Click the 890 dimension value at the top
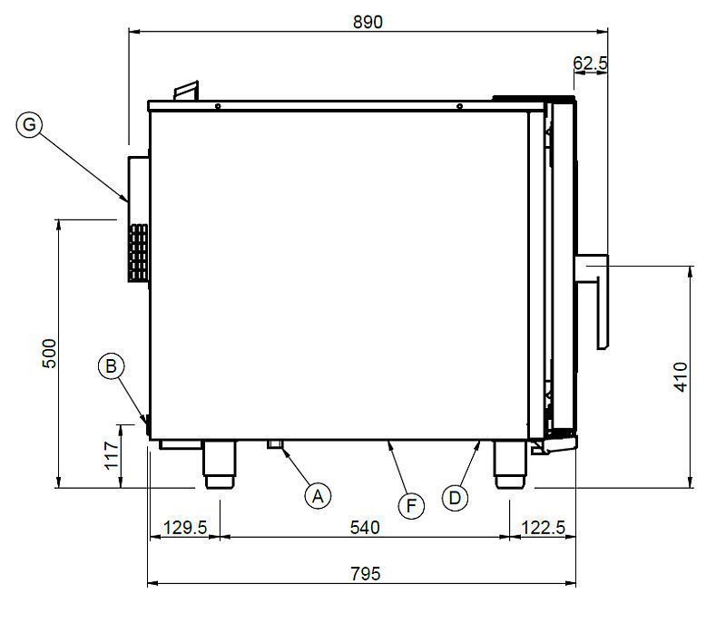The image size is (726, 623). pyautogui.click(x=368, y=22)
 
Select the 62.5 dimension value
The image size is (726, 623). pyautogui.click(x=590, y=63)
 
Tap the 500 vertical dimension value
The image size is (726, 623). pyautogui.click(x=49, y=354)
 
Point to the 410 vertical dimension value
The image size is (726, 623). pyautogui.click(x=681, y=377)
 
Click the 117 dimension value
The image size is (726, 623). pyautogui.click(x=112, y=455)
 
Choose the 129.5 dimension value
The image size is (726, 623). pyautogui.click(x=185, y=527)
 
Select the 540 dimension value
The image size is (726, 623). pyautogui.click(x=365, y=527)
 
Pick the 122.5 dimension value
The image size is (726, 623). pyautogui.click(x=543, y=527)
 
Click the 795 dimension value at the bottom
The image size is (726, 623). pyautogui.click(x=366, y=573)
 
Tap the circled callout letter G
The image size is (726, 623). pyautogui.click(x=29, y=124)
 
